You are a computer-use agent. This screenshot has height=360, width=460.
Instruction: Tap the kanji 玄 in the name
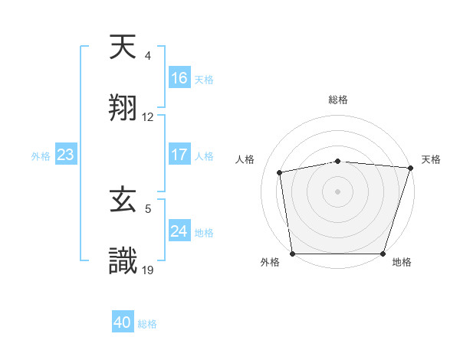point(123,202)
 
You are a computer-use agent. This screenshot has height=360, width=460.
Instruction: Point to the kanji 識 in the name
point(123,261)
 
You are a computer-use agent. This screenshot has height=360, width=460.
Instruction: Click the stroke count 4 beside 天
point(147,56)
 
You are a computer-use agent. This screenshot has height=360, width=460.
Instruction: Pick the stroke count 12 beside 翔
point(148,117)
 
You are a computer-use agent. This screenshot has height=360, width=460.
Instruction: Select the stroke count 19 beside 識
point(148,270)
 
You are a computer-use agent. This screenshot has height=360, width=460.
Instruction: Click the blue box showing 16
point(179,78)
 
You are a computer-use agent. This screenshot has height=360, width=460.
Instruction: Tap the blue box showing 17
point(179,155)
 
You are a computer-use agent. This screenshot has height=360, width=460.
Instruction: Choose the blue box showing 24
point(179,231)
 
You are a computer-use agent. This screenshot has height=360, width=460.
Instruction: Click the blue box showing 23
point(66,155)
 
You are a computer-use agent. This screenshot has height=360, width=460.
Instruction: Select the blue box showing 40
point(123,322)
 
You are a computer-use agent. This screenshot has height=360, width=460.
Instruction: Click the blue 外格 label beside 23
point(41,156)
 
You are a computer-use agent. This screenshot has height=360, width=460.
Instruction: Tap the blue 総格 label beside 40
point(147,324)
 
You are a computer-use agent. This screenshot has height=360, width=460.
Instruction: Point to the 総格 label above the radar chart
point(338,100)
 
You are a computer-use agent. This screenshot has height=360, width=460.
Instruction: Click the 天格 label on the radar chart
point(431,159)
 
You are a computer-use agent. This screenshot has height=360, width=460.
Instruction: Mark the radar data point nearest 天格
point(410,168)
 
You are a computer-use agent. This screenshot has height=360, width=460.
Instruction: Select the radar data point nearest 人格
point(281,172)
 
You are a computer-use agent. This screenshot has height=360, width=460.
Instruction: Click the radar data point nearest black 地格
point(383,254)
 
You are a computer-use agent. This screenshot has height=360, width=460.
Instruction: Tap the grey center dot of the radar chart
point(338,191)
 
